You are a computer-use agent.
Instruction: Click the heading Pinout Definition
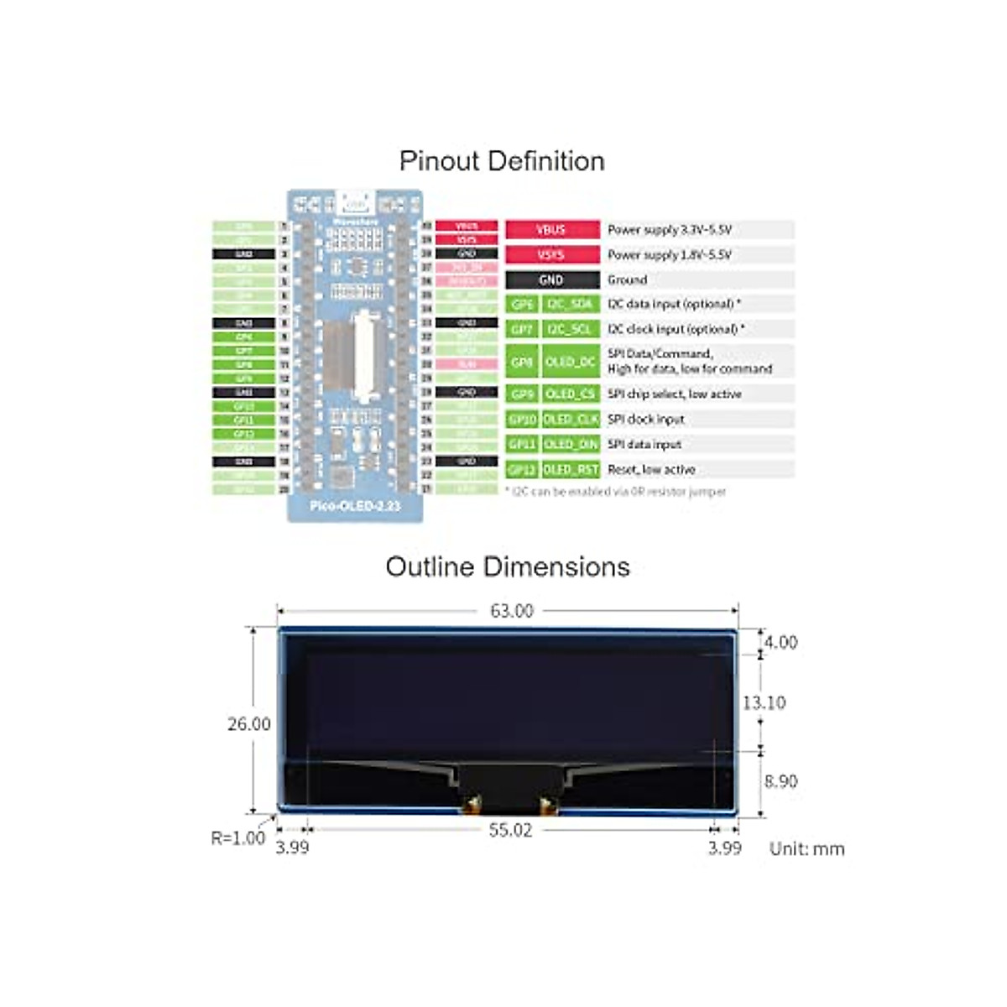coord(502,161)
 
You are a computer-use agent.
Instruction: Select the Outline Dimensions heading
coord(507,567)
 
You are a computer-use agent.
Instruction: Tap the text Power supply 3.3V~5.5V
coord(670,229)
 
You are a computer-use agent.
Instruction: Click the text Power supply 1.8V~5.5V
coord(670,254)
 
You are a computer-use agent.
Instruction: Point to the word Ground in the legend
coord(627,279)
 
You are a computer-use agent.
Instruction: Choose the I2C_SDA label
coord(570,304)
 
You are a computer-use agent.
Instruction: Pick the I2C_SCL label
coord(570,329)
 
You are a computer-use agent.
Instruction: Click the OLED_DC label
coord(570,362)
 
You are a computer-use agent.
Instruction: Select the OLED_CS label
coord(570,394)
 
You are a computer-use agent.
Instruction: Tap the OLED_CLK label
coord(570,419)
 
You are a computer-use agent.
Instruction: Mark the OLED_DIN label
coord(570,444)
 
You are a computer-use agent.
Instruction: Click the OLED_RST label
coord(570,469)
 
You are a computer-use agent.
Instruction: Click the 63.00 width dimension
coord(511,611)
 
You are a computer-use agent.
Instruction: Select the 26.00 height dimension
coord(248,723)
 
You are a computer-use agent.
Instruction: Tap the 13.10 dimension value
coord(764,702)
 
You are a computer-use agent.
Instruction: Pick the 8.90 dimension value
coord(780,781)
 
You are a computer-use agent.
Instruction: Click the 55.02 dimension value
coord(510,830)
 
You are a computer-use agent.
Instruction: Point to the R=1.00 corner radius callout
coord(237,837)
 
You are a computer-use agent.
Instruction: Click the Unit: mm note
coord(806,848)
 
